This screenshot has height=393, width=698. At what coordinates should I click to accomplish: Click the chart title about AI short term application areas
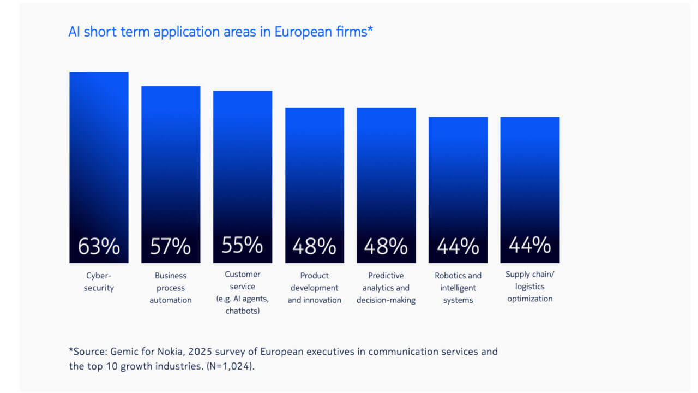(x=220, y=32)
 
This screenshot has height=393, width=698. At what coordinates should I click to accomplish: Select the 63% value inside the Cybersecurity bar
(x=99, y=246)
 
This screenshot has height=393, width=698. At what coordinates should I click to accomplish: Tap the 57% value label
(x=171, y=246)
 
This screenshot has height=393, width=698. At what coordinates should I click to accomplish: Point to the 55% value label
(x=242, y=245)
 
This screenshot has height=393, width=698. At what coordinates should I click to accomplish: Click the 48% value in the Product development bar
(x=314, y=247)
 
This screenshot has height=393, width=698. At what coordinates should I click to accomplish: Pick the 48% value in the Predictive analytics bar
(x=386, y=247)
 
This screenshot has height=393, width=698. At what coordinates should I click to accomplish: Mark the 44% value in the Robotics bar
(x=458, y=247)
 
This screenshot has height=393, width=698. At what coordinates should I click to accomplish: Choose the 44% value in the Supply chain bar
(x=529, y=245)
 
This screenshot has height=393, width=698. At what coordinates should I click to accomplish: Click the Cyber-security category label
(x=99, y=282)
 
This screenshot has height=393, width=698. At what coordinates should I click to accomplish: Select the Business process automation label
(x=171, y=288)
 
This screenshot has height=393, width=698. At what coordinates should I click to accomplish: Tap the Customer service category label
(x=243, y=293)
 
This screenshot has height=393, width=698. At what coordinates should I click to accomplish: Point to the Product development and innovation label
(x=314, y=288)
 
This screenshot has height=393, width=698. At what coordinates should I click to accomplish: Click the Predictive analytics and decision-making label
(x=386, y=288)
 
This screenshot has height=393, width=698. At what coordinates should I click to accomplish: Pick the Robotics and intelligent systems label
(x=458, y=288)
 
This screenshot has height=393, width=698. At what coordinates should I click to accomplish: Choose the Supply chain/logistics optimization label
(x=529, y=287)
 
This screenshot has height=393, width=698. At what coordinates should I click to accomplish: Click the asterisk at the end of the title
(x=370, y=30)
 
